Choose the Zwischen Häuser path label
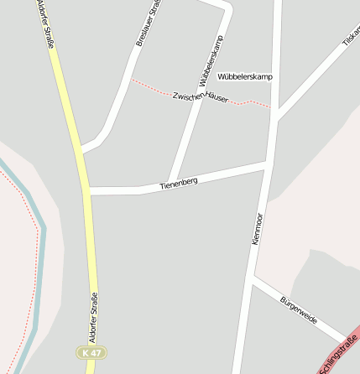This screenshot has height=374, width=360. point(200,98)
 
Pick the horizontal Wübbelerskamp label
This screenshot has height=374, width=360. point(244,77)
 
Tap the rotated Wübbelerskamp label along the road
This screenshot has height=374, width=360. point(212,61)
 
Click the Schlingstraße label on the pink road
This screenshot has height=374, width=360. point(337,353)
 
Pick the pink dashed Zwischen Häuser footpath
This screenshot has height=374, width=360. point(151,86)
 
